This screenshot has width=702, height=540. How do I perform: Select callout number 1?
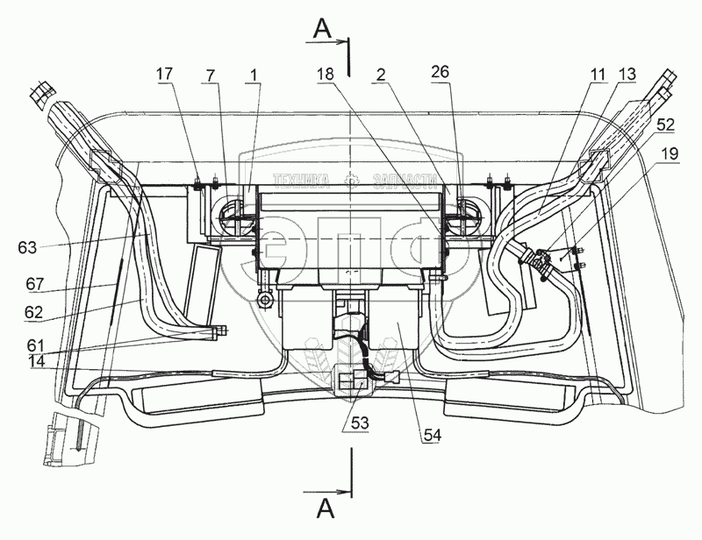[254, 77]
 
